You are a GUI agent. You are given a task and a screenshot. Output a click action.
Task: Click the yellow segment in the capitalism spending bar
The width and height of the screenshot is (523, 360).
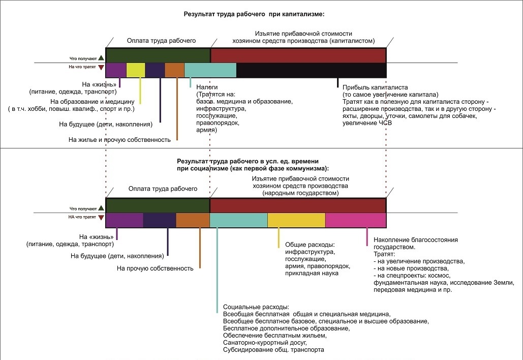pyautogui.click(x=136, y=70)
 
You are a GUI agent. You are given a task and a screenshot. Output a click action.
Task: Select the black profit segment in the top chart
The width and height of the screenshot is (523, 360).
pyautogui.click(x=311, y=70)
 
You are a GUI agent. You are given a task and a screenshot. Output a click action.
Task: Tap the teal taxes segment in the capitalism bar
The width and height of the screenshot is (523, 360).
pyautogui.click(x=210, y=70)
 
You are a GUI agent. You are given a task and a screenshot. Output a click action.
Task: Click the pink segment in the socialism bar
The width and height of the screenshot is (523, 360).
pyautogui.click(x=356, y=220)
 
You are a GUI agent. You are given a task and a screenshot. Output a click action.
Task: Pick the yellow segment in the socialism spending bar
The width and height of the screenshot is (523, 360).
pyautogui.click(x=296, y=220)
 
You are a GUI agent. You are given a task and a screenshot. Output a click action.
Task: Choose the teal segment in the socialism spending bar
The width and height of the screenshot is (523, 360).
pyautogui.click(x=238, y=220)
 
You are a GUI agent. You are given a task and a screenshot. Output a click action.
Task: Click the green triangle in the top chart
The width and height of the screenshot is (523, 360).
pyautogui.click(x=101, y=58)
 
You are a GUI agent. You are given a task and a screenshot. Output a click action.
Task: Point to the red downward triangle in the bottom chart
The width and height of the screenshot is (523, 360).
pyautogui.click(x=101, y=217)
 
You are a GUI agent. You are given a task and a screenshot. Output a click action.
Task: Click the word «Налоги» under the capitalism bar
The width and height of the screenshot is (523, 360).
pyautogui.click(x=207, y=87)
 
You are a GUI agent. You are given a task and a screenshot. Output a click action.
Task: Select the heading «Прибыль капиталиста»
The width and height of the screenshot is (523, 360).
pyautogui.click(x=375, y=87)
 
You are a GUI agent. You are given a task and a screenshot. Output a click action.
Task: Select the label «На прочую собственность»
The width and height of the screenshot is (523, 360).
pyautogui.click(x=155, y=268)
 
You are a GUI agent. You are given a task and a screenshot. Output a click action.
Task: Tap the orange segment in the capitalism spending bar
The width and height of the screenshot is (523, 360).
pyautogui.click(x=174, y=70)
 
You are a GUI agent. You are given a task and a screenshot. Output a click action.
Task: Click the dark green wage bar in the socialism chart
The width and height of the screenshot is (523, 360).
pyautogui.click(x=158, y=205)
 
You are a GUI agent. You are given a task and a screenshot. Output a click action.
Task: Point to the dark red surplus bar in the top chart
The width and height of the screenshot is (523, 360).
pyautogui.click(x=298, y=55)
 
